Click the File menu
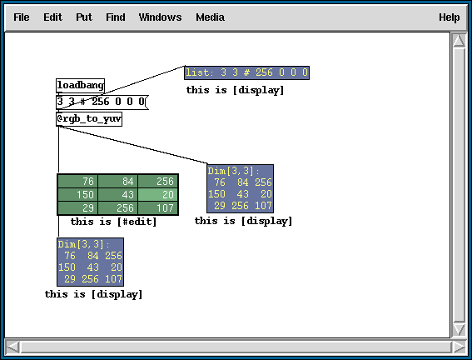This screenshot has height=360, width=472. pos(22,17)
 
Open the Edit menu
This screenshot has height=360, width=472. pos(52,17)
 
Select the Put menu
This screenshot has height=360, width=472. pos(84,17)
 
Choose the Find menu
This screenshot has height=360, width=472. pos(115,17)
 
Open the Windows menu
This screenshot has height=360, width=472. pos(160,17)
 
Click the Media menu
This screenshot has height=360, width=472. pos(210,17)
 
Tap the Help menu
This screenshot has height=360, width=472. pos(450,17)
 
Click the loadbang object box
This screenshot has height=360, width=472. pos(81,86)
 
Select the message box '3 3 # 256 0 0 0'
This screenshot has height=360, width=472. pos(102,102)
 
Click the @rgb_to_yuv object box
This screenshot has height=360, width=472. pos(89,119)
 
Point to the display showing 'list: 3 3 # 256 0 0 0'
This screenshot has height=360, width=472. pos(247,72)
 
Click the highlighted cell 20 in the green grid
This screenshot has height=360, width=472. pos(157,195)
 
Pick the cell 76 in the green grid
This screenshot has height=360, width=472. pos(77,182)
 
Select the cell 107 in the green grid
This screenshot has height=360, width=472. pos(157,207)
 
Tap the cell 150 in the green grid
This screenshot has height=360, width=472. pos(77,195)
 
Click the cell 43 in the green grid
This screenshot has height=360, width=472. pos(117,195)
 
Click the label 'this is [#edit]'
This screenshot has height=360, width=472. pos(114,222)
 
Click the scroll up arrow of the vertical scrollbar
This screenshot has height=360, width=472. pos(459,40)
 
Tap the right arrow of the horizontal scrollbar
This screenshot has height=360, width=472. pos(459,347)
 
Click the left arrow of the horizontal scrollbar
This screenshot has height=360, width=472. pos(12,347)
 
